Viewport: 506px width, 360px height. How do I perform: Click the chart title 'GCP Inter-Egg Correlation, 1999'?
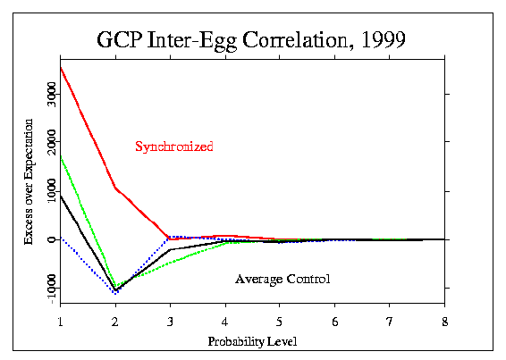(x=251, y=40)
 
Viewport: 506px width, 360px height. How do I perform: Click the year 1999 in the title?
(x=384, y=39)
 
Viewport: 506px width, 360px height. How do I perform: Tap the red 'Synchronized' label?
(x=174, y=147)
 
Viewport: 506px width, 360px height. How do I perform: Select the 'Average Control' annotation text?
(x=283, y=279)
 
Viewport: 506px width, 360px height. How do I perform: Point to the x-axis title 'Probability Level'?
(x=252, y=341)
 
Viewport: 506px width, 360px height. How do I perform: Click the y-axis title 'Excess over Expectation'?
(x=29, y=181)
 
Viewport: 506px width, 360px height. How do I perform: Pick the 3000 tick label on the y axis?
(x=51, y=94)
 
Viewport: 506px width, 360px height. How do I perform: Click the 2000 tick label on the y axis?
(x=51, y=142)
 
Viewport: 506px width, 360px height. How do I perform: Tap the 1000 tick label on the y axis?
(x=51, y=191)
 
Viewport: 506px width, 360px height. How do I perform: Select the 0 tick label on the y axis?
(x=51, y=239)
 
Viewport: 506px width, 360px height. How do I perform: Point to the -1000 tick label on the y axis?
(x=51, y=289)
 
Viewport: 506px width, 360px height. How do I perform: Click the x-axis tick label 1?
(x=61, y=322)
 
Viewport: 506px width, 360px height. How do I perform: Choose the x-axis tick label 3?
(x=170, y=322)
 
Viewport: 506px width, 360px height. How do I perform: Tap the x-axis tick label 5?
(x=279, y=322)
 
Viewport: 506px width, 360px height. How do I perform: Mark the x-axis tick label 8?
(x=445, y=322)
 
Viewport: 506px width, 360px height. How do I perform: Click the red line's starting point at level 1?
(x=61, y=67)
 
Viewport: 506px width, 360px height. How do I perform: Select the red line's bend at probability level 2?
(x=115, y=188)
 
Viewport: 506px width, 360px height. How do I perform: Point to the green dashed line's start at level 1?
(x=61, y=157)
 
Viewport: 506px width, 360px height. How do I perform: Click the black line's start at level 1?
(x=61, y=196)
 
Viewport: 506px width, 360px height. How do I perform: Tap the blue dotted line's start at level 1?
(x=61, y=238)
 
